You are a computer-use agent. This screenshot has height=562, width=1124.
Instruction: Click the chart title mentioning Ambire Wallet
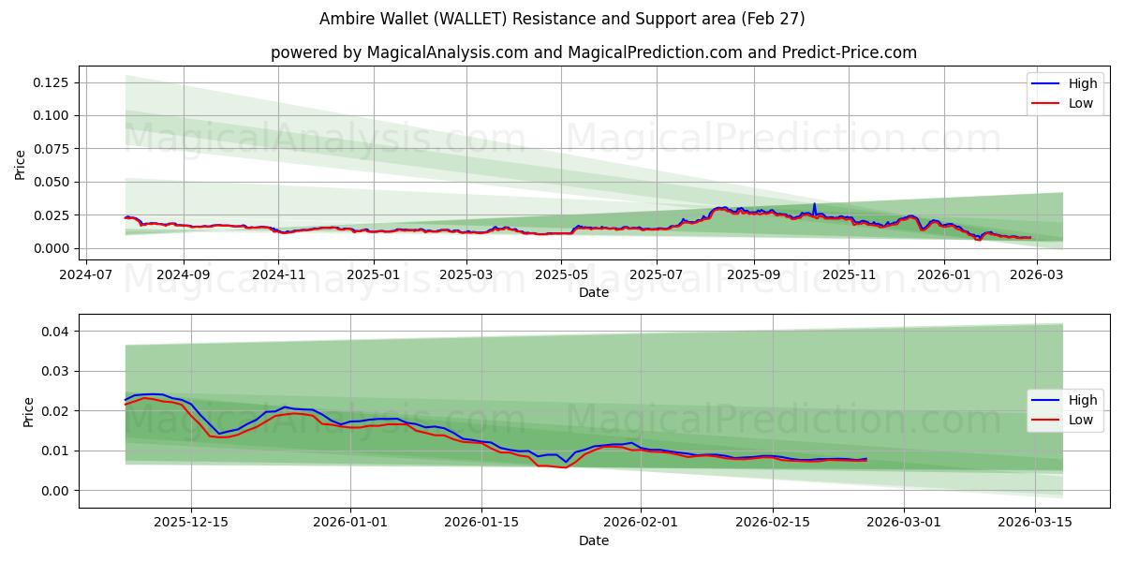(562, 19)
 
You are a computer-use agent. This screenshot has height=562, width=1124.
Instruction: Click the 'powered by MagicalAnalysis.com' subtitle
(594, 52)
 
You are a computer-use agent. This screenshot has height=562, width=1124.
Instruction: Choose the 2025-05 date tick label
(561, 274)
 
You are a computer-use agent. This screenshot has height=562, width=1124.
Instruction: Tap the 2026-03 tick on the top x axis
(1036, 274)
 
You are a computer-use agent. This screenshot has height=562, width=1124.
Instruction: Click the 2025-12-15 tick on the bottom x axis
(191, 523)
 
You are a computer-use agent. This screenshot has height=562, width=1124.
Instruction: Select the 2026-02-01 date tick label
(641, 523)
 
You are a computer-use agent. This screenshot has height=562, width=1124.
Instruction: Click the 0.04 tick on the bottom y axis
(54, 332)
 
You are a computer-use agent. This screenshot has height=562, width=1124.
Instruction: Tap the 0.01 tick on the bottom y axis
(54, 451)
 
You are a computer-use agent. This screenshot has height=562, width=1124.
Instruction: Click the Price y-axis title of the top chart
(21, 165)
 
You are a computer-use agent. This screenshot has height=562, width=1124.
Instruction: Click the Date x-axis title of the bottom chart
(594, 540)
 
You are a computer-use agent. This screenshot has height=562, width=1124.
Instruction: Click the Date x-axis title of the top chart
(594, 292)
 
